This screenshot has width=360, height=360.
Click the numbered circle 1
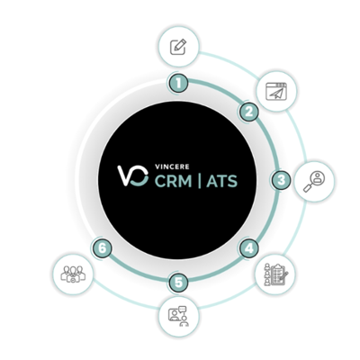178,83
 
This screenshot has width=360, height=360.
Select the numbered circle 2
248,112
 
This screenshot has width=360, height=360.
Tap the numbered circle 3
281,180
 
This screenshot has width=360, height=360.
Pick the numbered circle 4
249,248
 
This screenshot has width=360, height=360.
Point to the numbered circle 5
178,283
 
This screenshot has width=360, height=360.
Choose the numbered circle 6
103,248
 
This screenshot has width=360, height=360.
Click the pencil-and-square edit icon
178,47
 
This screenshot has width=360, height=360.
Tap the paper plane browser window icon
276,92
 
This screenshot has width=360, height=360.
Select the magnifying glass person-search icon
314,182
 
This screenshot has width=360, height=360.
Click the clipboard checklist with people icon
275,274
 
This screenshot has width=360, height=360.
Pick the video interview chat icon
179,316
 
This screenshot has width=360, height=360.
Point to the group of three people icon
73,274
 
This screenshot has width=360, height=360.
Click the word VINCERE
172,166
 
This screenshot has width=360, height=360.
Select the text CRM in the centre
173,181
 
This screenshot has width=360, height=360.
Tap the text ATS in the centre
222,181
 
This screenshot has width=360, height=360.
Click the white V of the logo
126,175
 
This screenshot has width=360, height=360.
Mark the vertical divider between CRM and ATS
200,181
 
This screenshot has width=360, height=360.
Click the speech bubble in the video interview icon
182,309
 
